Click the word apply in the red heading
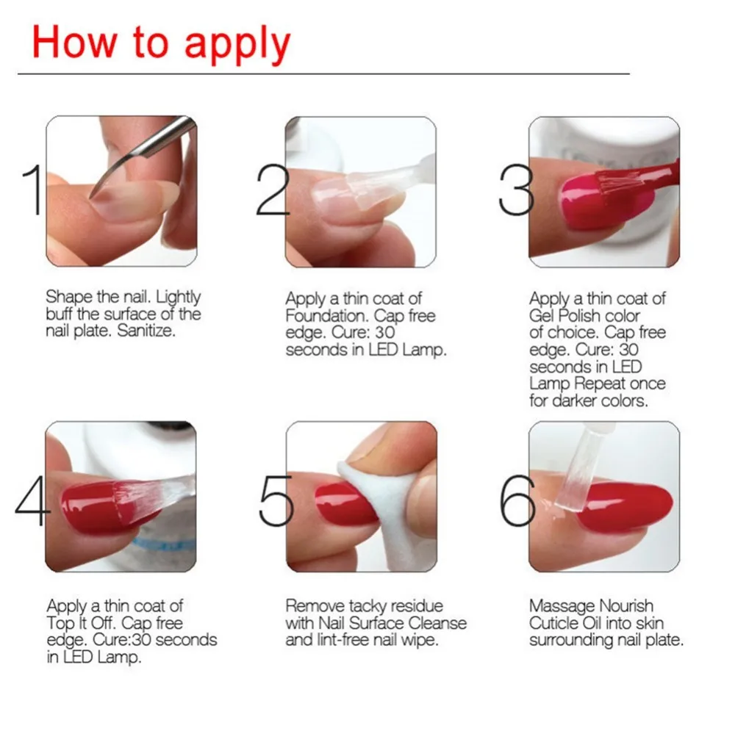237,45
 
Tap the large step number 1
34,190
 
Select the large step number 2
273,190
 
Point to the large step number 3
516,190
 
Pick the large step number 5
276,500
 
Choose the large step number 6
517,500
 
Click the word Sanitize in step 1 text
146,331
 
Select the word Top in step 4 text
57,623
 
